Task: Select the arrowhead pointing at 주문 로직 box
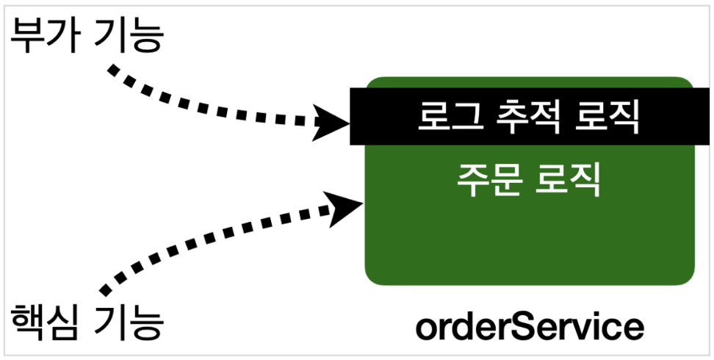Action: tap(345, 206)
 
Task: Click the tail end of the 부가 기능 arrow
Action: tap(112, 70)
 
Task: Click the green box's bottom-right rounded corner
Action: tap(685, 275)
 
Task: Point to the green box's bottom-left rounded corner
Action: tap(375, 275)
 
